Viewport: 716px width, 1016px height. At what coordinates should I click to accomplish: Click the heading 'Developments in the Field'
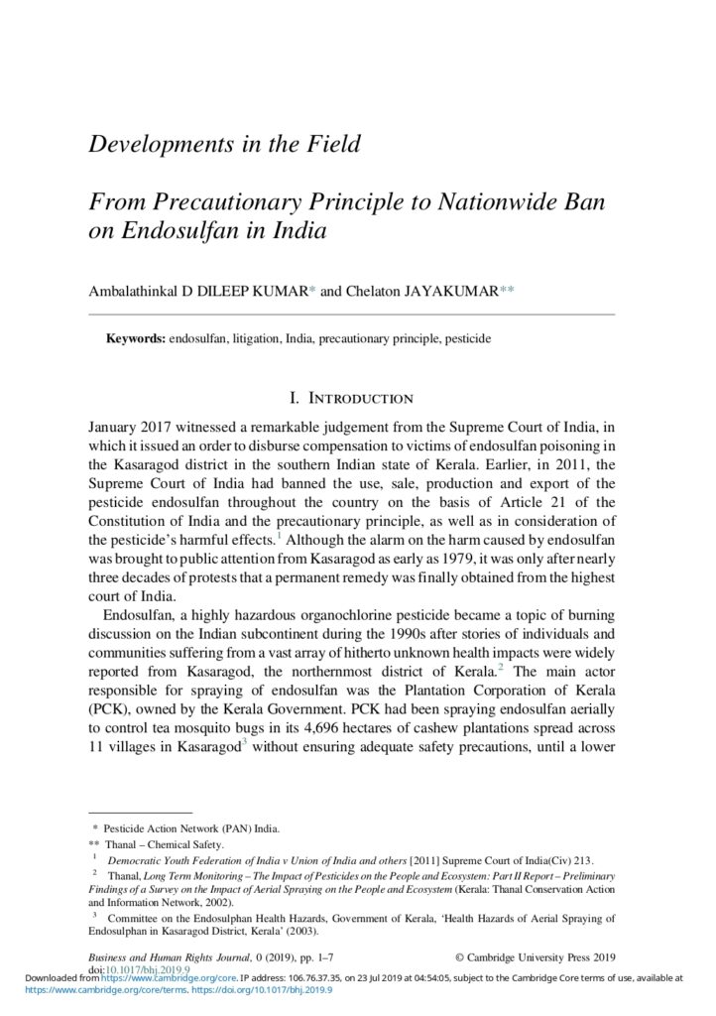(x=224, y=144)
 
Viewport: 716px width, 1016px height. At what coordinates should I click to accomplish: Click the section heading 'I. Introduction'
(x=351, y=399)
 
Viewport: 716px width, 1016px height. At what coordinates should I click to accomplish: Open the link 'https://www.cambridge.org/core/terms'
(x=80, y=989)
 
